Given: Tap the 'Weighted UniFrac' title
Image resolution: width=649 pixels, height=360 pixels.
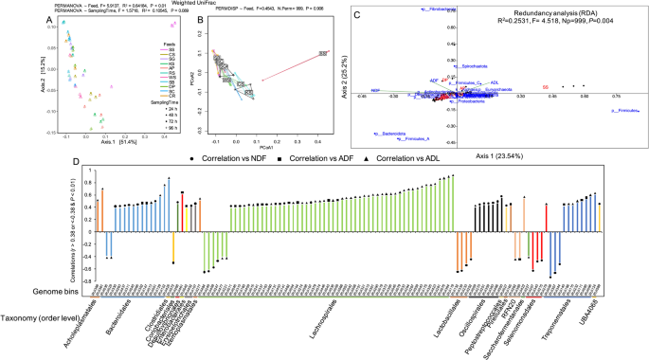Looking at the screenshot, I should click(195, 4).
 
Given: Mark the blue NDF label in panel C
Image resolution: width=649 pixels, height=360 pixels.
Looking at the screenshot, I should click(375, 90).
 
